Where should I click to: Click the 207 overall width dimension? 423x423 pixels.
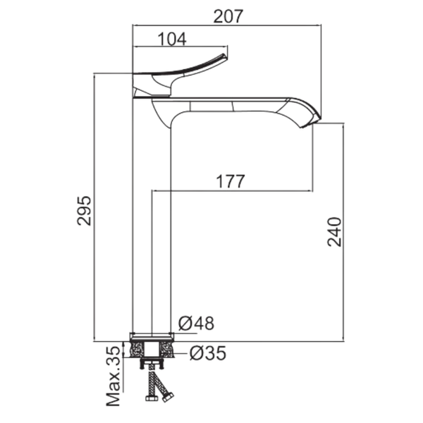click(x=228, y=16)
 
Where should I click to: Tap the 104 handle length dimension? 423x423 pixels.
click(x=172, y=39)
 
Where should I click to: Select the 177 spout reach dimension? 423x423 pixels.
click(x=231, y=181)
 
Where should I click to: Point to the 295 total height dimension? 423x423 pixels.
click(x=84, y=211)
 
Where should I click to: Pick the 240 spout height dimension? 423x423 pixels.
click(x=334, y=232)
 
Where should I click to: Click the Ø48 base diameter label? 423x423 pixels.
click(x=196, y=323)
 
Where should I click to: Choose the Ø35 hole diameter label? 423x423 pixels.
click(x=208, y=353)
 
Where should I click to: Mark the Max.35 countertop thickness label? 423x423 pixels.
click(x=113, y=376)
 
